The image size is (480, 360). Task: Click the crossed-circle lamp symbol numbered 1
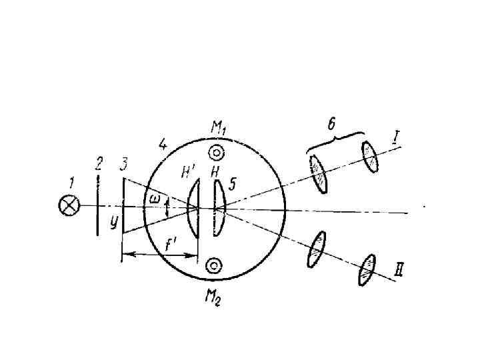(68, 206)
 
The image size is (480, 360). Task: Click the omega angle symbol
(155, 199)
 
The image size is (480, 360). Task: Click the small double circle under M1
(215, 152)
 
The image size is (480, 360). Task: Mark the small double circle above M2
(214, 267)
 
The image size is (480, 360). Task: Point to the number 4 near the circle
(162, 143)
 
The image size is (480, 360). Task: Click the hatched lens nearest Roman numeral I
(370, 157)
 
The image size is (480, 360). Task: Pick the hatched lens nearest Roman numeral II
(366, 269)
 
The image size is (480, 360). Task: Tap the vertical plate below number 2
(98, 206)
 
